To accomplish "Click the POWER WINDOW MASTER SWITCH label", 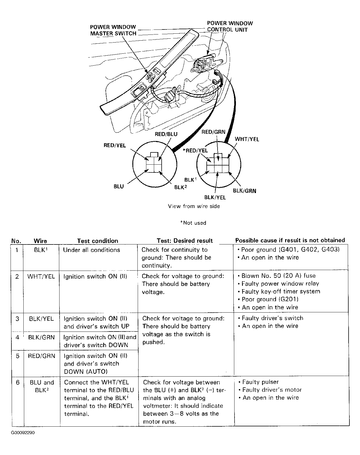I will pos(113,30).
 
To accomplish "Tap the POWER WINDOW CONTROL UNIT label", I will pos(230,26).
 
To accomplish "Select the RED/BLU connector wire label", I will pos(166,134).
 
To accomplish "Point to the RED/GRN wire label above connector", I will pos(213,132).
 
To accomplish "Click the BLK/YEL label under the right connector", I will pos(215,197).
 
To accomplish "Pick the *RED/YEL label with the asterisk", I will pos(195,150).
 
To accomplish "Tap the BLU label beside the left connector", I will pos(119,186).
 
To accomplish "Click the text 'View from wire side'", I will pos(194,206).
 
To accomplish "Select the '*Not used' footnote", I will pos(193,223).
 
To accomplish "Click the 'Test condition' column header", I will pos(98,241).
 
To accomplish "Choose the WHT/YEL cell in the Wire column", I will pos(41,276).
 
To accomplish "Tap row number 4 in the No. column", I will pos(17,337).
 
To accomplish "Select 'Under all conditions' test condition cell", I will pos(92,250).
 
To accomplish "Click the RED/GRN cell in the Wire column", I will pos(41,356).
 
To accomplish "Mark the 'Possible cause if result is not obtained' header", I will pos(290,240).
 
